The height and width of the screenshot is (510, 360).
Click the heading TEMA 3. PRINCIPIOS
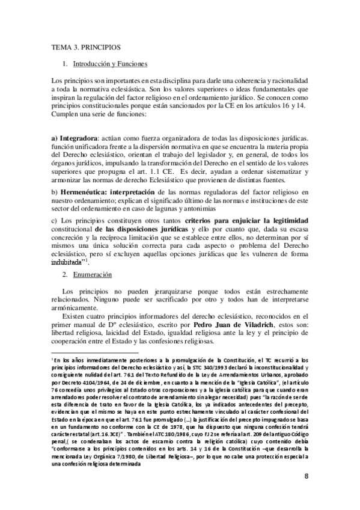86,46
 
